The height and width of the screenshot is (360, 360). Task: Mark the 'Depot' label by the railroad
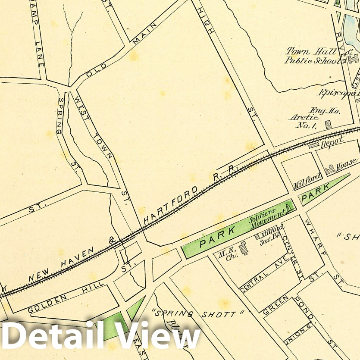(332, 142)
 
